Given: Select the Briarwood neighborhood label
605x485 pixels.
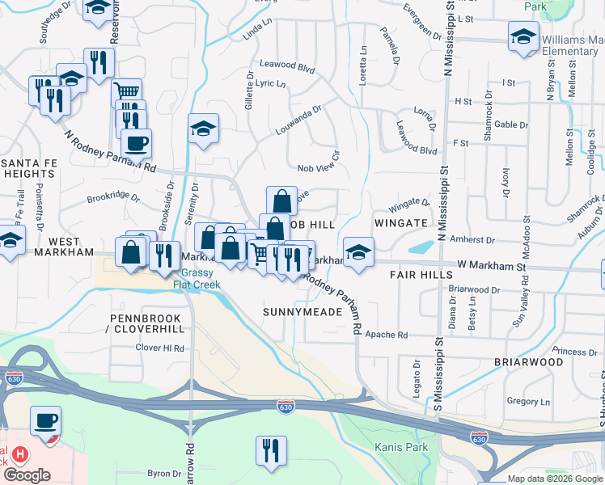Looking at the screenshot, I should [529, 362].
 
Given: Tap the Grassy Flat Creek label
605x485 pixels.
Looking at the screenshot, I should [197, 277].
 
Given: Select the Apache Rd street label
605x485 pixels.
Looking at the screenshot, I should [385, 334].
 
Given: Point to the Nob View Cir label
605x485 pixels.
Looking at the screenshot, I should [318, 168].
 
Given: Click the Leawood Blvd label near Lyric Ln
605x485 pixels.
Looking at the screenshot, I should [287, 69].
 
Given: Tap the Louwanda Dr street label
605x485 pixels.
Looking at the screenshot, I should [298, 114].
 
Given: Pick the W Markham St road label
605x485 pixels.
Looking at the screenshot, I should [491, 265].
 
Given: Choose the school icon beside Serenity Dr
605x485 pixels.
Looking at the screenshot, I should [203, 127].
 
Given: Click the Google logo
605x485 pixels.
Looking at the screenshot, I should [27, 476].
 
